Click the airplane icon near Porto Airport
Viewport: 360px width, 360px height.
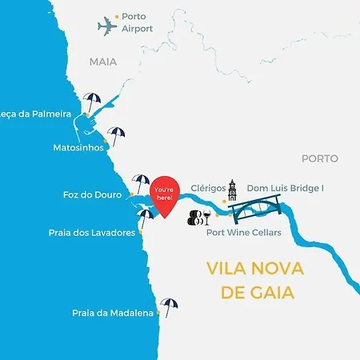click(108, 26)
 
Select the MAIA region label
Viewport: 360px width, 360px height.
click(103, 61)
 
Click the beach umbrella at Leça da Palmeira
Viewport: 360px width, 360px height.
click(93, 102)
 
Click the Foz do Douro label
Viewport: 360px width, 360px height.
click(91, 194)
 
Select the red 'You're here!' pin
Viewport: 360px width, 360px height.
click(165, 195)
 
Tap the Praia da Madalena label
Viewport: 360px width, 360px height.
click(112, 313)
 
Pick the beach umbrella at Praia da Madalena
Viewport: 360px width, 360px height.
click(169, 306)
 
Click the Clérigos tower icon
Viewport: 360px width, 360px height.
click(232, 190)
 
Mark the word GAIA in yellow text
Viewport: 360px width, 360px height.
click(270, 292)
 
